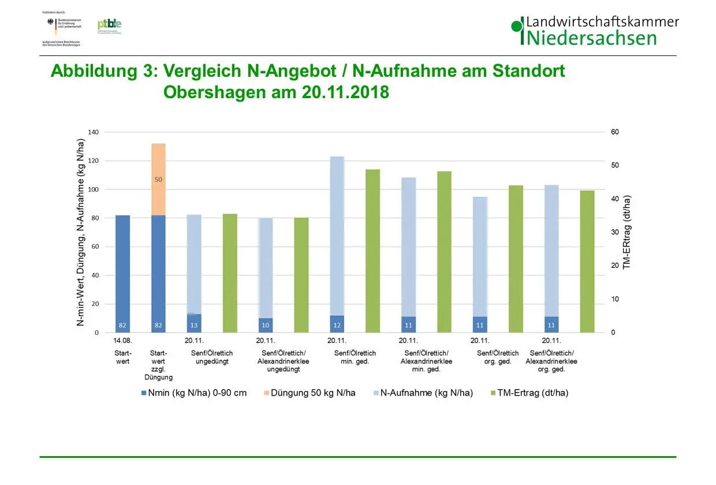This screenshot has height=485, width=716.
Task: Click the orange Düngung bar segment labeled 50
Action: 158,180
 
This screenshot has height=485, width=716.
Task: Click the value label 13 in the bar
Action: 194,325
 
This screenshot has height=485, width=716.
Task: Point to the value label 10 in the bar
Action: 266,325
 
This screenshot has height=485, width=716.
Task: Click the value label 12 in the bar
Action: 337,325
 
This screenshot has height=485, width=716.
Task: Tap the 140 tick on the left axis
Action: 93,132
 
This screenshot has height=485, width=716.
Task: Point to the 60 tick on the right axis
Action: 615,132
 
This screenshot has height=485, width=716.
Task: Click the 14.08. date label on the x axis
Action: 122,341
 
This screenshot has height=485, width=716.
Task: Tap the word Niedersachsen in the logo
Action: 591,39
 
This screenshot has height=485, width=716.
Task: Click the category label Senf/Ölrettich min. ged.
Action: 355,357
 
